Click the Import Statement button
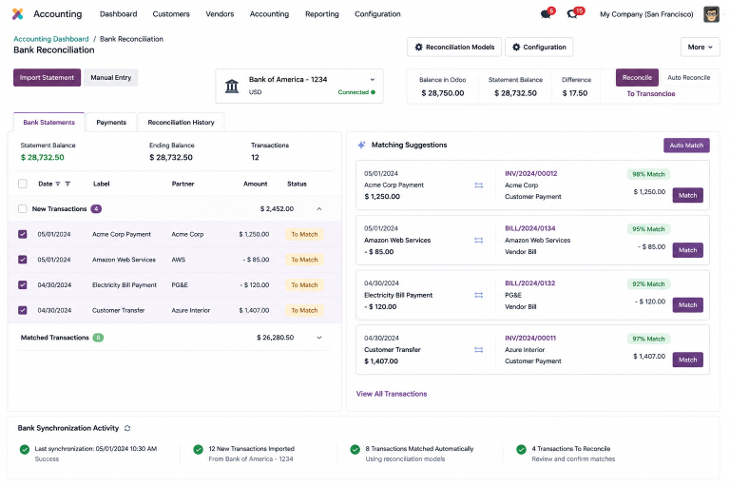[47, 77]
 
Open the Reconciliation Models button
[454, 47]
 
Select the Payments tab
[111, 122]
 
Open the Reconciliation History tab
[182, 122]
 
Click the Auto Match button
[686, 146]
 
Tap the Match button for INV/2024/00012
[687, 195]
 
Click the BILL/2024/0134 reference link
[529, 228]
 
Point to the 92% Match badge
[648, 283]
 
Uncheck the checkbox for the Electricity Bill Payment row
[23, 284]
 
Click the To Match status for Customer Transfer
[304, 310]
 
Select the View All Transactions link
[392, 394]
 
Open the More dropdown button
[701, 47]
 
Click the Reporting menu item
[322, 14]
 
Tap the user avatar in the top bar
[711, 14]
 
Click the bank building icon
[232, 86]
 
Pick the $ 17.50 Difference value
[575, 93]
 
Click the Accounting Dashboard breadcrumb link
[50, 39]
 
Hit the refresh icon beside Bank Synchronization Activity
[127, 428]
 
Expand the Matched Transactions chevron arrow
[319, 338]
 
